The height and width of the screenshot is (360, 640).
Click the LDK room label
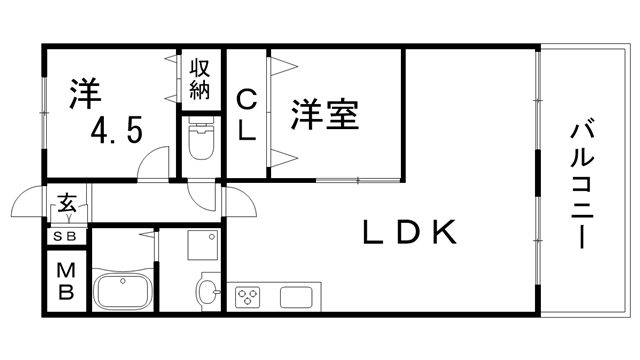tap(409, 233)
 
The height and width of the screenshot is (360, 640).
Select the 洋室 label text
tap(325, 114)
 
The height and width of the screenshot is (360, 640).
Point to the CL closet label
tap(247, 114)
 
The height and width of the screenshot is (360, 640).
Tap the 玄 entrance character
tap(67, 204)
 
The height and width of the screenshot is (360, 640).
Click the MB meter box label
tap(66, 281)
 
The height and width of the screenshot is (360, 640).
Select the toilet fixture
tap(202, 143)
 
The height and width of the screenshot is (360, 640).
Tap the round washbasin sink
tap(207, 293)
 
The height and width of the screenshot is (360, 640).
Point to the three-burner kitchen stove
tap(247, 296)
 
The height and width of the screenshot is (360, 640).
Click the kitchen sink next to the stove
tap(299, 297)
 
